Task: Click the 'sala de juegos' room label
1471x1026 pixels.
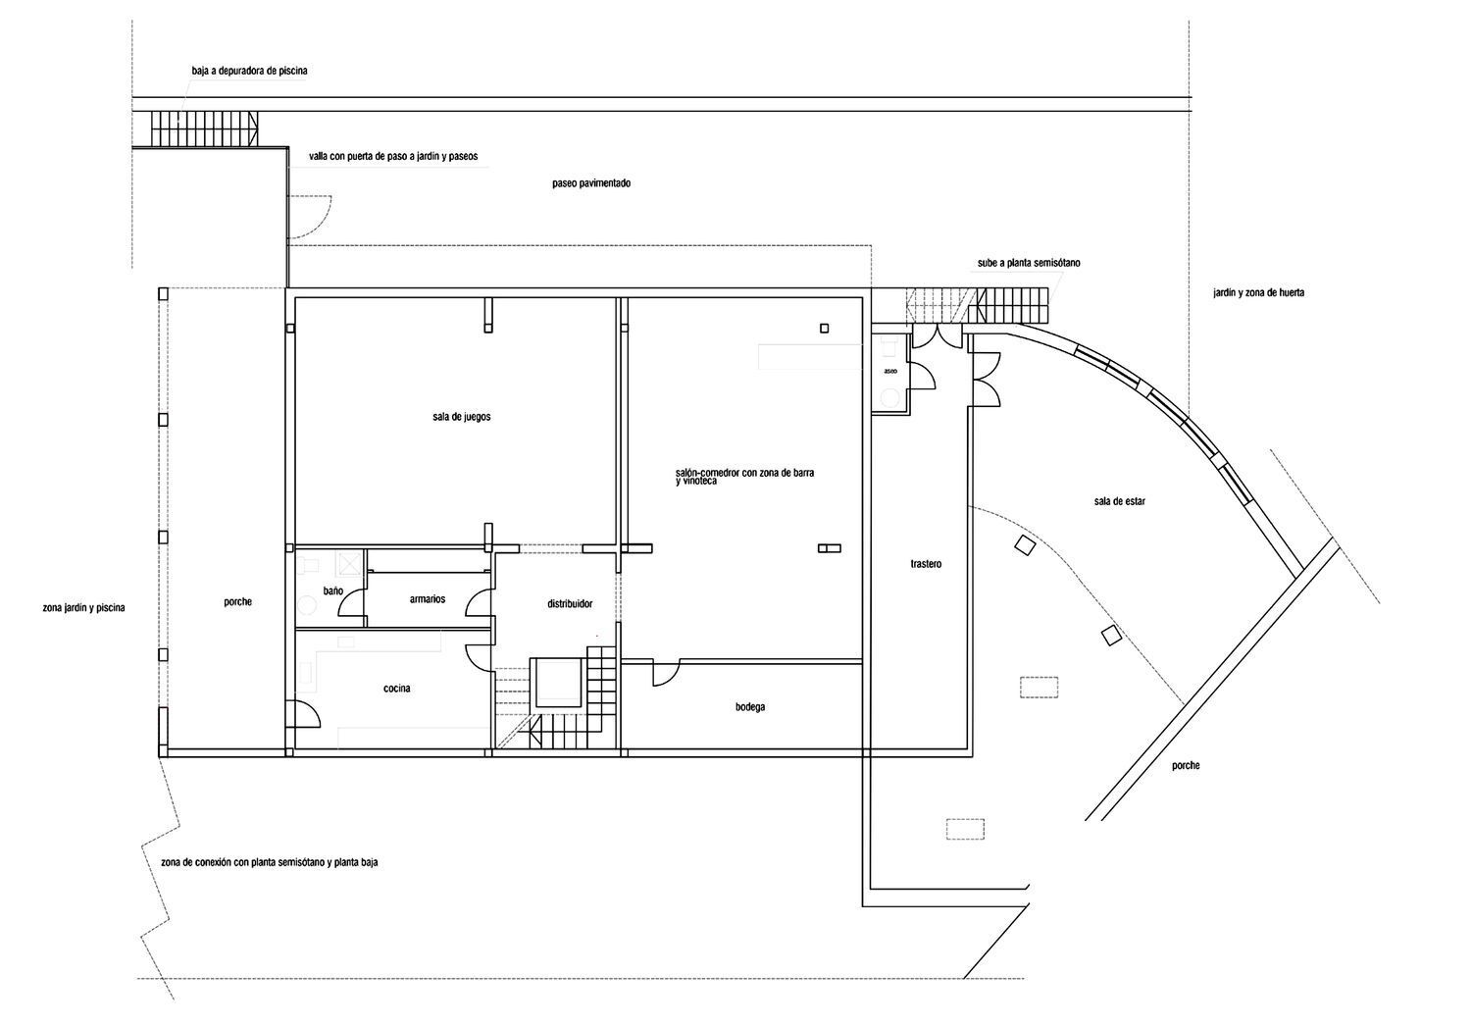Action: point(461,417)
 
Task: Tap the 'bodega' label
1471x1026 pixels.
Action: point(749,706)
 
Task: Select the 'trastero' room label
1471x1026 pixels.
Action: point(925,564)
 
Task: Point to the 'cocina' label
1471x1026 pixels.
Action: point(396,689)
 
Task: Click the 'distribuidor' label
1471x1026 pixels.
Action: point(569,604)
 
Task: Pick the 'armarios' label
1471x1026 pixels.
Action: point(428,598)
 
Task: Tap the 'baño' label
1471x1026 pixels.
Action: point(332,591)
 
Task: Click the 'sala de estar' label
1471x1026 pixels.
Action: point(1120,501)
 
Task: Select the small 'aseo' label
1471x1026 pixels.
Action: point(890,372)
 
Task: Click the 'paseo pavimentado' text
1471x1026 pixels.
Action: point(590,183)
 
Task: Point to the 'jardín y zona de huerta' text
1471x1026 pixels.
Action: point(1258,293)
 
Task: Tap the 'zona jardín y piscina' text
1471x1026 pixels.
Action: point(83,608)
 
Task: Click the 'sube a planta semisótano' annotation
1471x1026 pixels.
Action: point(1029,263)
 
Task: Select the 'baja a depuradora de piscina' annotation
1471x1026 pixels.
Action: point(250,71)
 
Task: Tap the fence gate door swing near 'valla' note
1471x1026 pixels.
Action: point(309,216)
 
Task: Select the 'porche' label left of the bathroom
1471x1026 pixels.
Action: point(237,602)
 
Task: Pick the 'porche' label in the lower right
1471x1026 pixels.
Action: point(1185,766)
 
